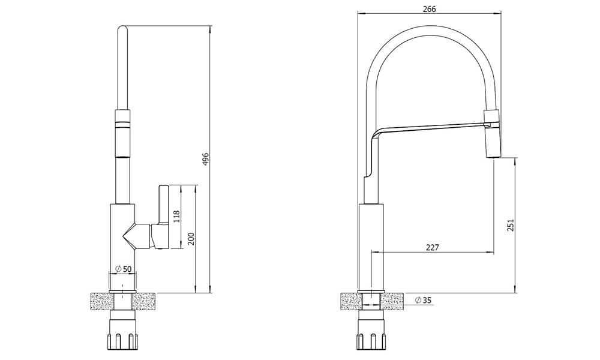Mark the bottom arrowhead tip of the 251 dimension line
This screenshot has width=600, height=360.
click(515, 293)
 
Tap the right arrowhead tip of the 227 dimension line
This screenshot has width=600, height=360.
click(494, 251)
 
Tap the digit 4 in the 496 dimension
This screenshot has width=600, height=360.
click(205, 163)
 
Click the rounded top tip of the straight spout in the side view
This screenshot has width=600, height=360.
click(122, 26)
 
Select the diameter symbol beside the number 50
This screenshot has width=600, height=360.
click(118, 269)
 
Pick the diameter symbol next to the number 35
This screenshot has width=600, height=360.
click(418, 300)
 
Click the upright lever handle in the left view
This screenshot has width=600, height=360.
click(163, 204)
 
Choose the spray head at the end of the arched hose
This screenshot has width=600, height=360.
click(492, 134)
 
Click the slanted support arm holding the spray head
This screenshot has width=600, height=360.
click(428, 130)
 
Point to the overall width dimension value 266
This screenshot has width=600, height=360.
click(430, 9)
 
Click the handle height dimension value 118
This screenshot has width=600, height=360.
click(176, 217)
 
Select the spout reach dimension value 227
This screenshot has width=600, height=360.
click(433, 247)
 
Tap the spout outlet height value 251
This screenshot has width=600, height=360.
click(511, 226)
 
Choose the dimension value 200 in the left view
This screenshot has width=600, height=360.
click(192, 239)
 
